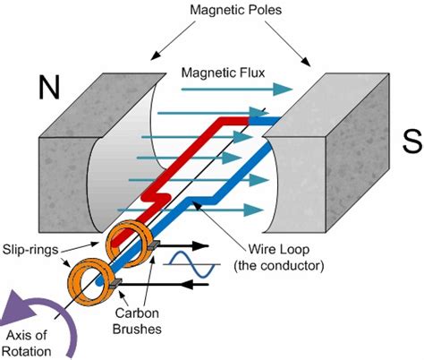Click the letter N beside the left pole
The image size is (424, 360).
coord(51,87)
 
